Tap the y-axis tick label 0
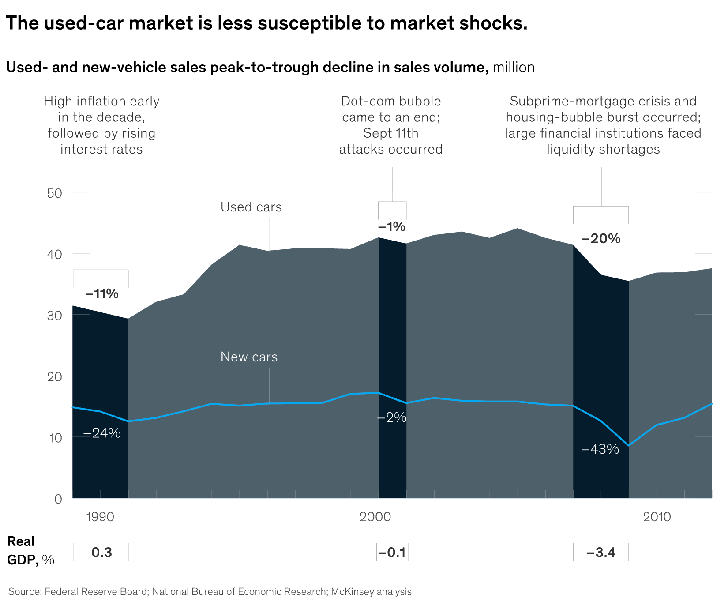click(58, 499)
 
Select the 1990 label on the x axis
click(101, 517)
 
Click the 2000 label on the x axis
click(375, 517)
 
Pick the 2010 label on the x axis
click(657, 517)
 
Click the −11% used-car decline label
click(101, 294)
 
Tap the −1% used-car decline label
click(391, 227)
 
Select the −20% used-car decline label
click(601, 239)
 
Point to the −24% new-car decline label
click(101, 433)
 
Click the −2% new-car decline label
click(392, 417)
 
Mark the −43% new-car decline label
click(600, 449)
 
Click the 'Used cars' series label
click(251, 207)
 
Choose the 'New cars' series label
click(249, 357)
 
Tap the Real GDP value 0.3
click(101, 553)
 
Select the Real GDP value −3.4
click(601, 553)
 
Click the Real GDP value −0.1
click(392, 553)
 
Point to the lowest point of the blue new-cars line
click(629, 446)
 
